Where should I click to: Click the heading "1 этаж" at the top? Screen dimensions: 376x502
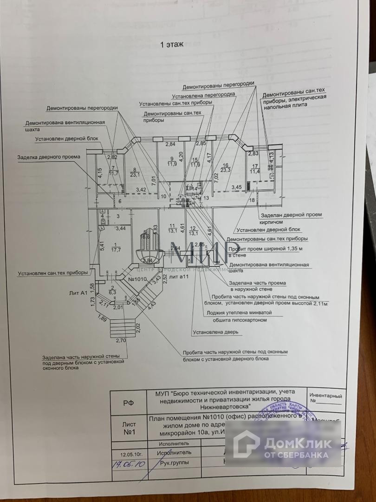coord(172,45)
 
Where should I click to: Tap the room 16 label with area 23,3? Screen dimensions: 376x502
coord(226,168)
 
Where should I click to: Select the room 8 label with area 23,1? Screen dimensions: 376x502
coord(136,172)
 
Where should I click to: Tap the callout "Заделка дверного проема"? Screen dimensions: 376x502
coord(49,157)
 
